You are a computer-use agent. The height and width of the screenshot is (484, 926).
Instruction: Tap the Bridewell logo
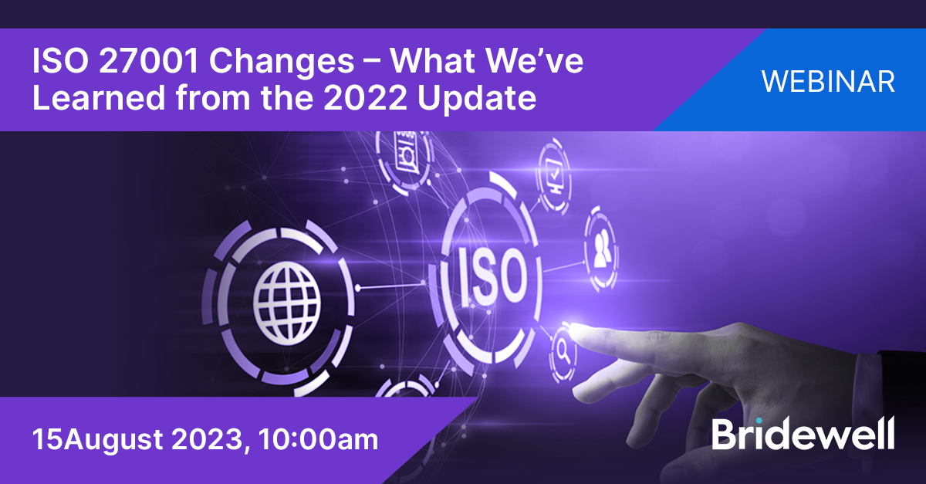point(803,434)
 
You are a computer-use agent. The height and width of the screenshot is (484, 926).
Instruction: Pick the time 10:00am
point(319,440)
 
